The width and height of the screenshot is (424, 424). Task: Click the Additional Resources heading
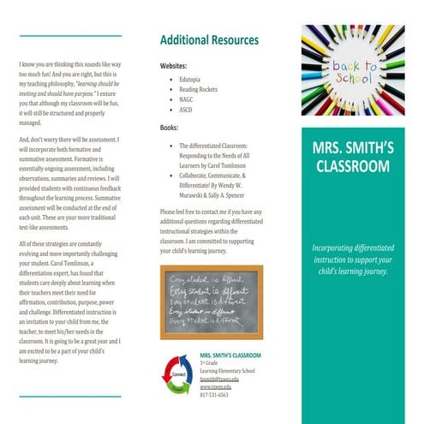pos(209,40)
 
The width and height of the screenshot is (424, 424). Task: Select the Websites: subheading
pos(175,66)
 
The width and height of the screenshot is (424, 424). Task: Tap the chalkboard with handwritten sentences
pos(211,302)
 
